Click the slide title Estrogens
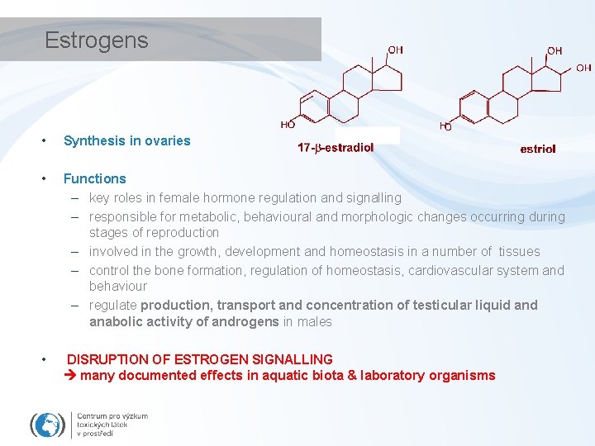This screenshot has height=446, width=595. [x=96, y=40]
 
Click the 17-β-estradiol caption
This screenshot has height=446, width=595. [x=336, y=148]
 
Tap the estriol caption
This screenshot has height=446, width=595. [x=538, y=149]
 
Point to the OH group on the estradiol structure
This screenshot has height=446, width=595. [x=396, y=50]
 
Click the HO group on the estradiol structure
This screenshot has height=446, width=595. [x=288, y=126]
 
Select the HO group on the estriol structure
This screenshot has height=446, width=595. [x=445, y=126]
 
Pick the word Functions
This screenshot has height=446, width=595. [x=95, y=178]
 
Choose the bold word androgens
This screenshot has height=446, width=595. [x=244, y=322]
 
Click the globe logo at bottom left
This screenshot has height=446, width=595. [x=48, y=425]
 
